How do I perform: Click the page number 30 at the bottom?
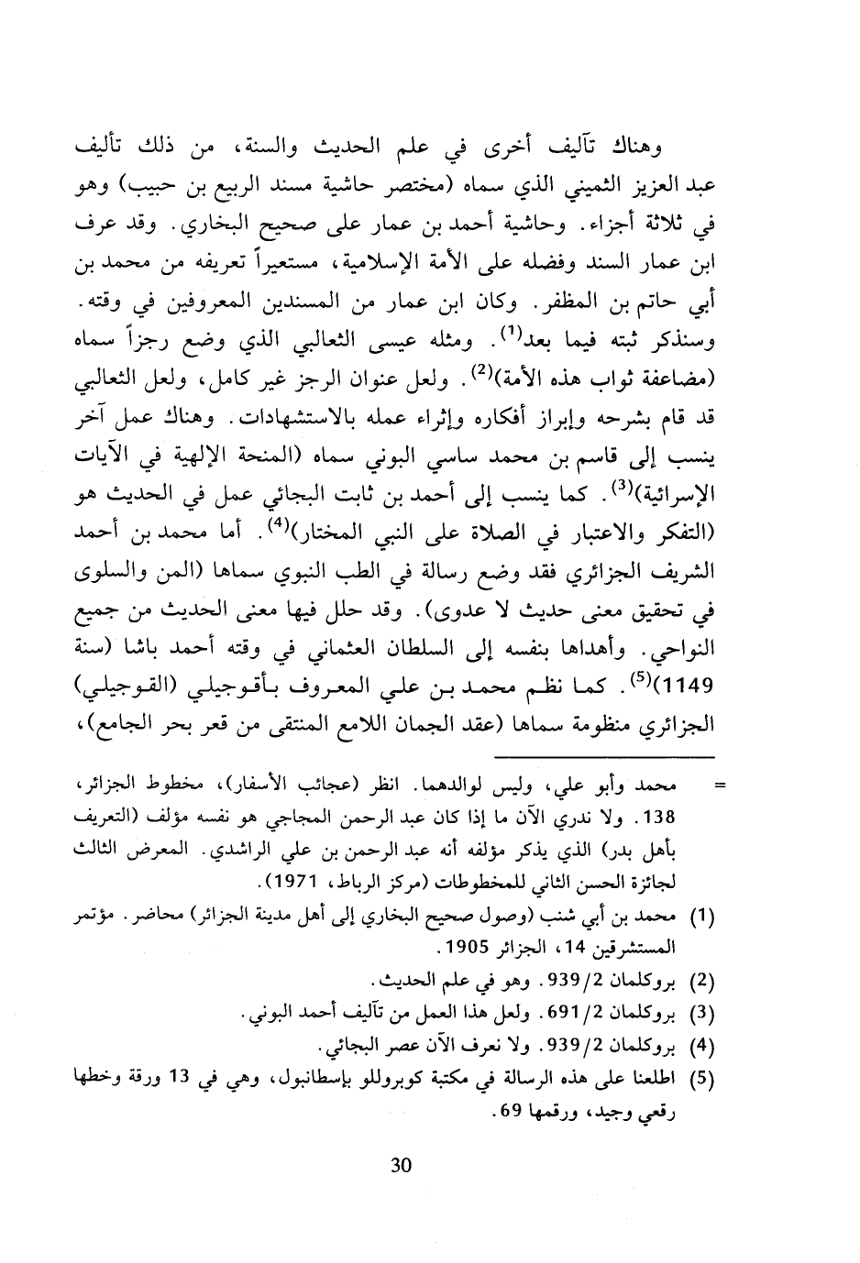(x=401, y=1166)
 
